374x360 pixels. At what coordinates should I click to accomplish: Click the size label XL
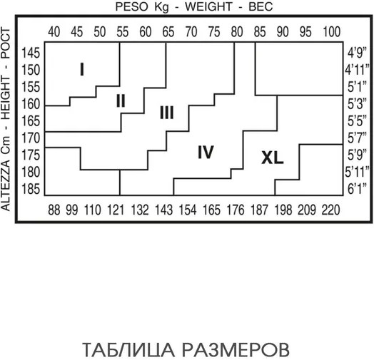(273, 158)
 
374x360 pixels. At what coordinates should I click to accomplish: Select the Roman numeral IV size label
(206, 153)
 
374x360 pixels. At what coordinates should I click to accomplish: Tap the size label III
(167, 113)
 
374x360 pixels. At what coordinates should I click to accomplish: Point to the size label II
(121, 101)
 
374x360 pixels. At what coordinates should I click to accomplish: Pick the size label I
(82, 69)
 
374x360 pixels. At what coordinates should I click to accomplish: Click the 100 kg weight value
(332, 31)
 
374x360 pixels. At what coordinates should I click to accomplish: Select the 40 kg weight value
(54, 31)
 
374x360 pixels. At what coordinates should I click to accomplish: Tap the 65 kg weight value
(168, 31)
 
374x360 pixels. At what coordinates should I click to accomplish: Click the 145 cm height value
(31, 53)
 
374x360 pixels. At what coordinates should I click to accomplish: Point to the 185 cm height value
(31, 190)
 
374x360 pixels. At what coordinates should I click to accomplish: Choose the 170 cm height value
(31, 138)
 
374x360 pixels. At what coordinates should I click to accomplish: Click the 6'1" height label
(357, 189)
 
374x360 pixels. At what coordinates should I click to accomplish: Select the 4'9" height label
(357, 53)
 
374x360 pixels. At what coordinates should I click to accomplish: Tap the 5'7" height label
(357, 138)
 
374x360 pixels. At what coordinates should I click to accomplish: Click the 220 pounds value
(330, 210)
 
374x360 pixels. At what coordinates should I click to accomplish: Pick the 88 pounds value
(54, 210)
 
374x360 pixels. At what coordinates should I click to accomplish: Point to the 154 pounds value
(188, 210)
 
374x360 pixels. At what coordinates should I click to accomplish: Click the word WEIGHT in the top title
(208, 6)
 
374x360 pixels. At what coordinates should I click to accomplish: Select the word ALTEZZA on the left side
(6, 185)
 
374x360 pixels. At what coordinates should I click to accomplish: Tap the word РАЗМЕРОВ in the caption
(236, 350)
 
